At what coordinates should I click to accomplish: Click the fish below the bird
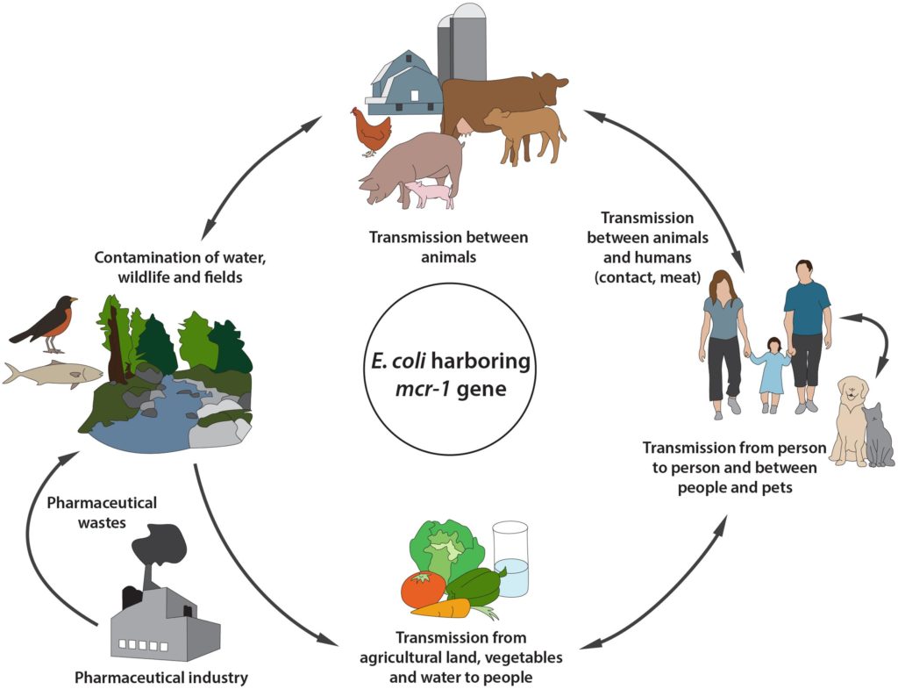pyautogui.click(x=53, y=375)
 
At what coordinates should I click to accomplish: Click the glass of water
pyautogui.click(x=511, y=559)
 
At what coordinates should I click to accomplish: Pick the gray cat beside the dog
pyautogui.click(x=879, y=435)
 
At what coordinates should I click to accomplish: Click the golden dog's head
pyautogui.click(x=853, y=392)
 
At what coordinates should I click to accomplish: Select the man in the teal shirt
pyautogui.click(x=808, y=335)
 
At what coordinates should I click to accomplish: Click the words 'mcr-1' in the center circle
pyautogui.click(x=422, y=389)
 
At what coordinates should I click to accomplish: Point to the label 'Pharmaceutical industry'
pyautogui.click(x=161, y=677)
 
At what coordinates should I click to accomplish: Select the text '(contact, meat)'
pyautogui.click(x=648, y=277)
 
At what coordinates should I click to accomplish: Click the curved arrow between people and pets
pyautogui.click(x=885, y=337)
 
